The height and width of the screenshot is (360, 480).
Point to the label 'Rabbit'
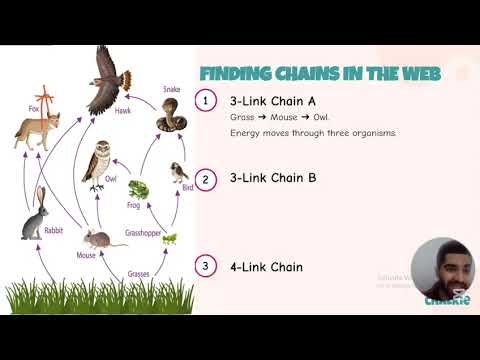pos(55,231)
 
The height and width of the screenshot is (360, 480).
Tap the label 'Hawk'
pos(123,111)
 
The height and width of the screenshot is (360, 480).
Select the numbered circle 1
pos(205,102)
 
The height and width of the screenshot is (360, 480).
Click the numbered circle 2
pos(205,179)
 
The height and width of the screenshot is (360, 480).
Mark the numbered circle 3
pos(205,266)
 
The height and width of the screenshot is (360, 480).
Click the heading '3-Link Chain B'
pos(273,178)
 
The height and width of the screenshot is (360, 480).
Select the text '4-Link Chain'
pos(265,266)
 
